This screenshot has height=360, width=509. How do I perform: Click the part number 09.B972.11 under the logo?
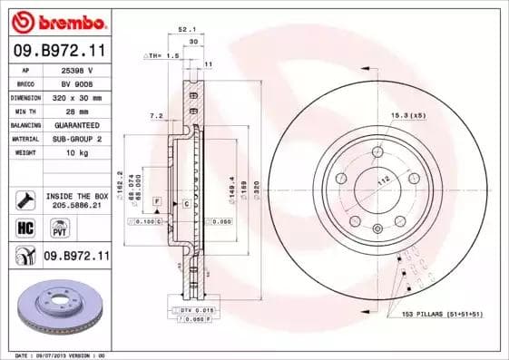(x=60, y=52)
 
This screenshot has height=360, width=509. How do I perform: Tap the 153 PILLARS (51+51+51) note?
(x=439, y=313)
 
